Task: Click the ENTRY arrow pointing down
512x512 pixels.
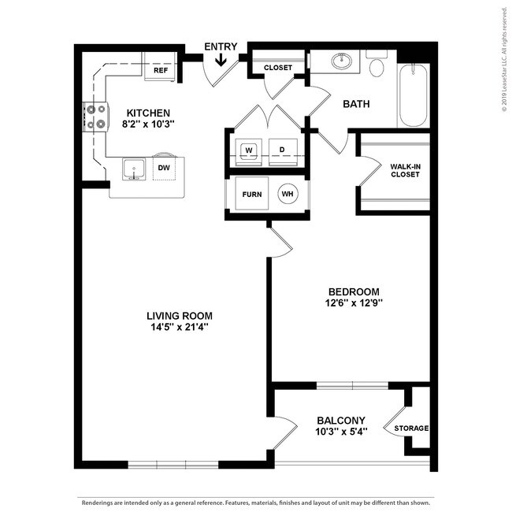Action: coord(221,60)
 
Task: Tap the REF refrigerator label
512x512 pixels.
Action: coord(161,71)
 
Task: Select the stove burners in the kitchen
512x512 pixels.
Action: coord(96,117)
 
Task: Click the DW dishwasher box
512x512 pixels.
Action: coord(164,168)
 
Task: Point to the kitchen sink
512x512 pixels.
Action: coord(132,169)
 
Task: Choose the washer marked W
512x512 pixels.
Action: coord(249,149)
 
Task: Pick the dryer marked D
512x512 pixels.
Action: coord(281,149)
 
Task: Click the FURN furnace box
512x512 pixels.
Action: coord(252,194)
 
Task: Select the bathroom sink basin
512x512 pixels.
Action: coord(343,61)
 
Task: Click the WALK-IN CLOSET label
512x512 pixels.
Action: coord(405,170)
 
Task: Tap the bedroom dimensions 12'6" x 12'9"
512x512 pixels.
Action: coord(353,302)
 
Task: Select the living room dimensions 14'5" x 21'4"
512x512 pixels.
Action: coord(175,326)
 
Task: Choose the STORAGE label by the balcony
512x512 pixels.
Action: coord(412,429)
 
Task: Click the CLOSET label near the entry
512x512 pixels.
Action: coord(278,68)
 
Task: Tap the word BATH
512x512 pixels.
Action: coord(356,104)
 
